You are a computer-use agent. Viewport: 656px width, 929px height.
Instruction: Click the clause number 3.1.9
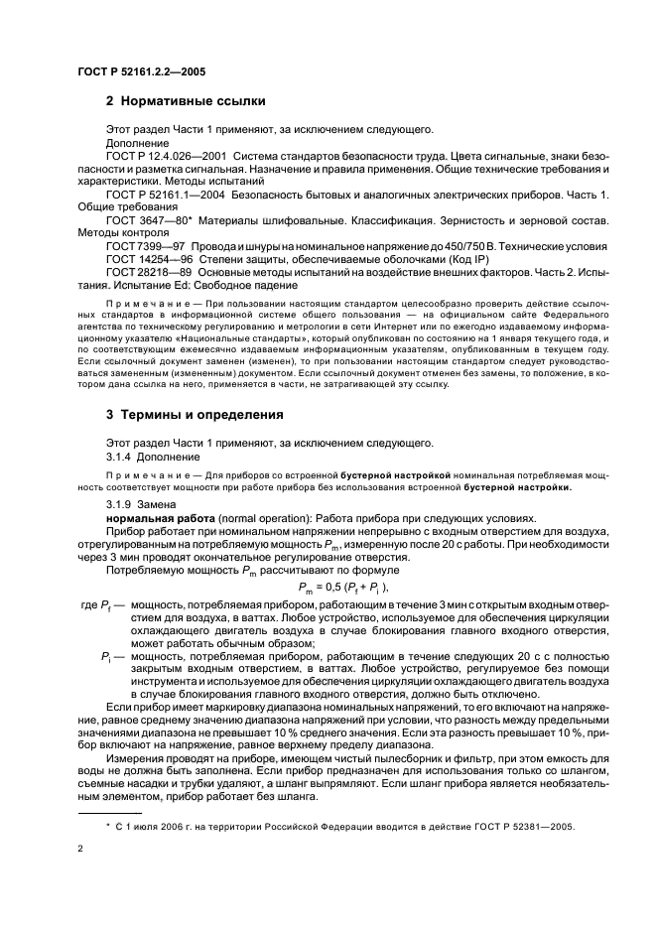[119, 506]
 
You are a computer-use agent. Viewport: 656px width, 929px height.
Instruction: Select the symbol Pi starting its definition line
[107, 657]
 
